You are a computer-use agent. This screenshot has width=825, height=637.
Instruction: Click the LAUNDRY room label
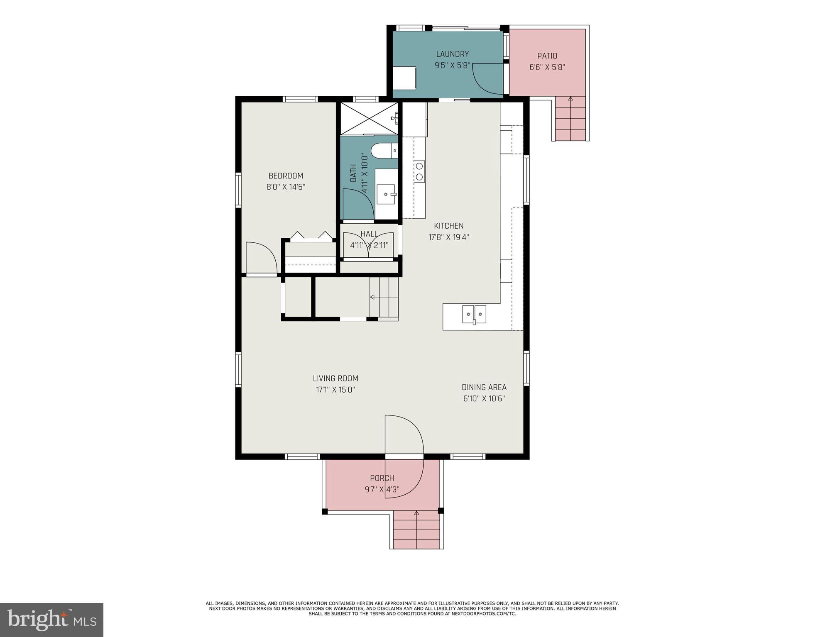pos(452,54)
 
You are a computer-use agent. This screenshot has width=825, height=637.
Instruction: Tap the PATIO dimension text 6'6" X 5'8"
pos(547,67)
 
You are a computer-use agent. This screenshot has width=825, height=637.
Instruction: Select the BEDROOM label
pos(286,176)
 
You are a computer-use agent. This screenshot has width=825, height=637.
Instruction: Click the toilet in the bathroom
pos(383,151)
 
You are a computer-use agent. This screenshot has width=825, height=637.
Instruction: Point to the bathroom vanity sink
pos(387,194)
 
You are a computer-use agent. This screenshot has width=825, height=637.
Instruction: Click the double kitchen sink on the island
pos(474,314)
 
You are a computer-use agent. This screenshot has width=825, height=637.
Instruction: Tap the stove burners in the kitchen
pos(419,172)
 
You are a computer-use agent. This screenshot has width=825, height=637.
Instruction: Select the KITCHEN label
pos(448,226)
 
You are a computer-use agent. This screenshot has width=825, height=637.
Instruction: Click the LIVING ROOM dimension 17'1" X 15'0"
pos(335,390)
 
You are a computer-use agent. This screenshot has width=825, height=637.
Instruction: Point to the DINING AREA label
pos(484,387)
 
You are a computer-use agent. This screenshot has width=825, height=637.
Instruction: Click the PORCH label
pos(382,478)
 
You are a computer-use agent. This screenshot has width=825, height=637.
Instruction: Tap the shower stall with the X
pos(369,118)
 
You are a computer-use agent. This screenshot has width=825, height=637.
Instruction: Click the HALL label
pos(369,234)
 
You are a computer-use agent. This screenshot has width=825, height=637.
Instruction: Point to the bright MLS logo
pos(51,620)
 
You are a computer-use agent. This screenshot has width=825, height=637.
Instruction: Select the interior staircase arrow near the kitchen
pos(372,297)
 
